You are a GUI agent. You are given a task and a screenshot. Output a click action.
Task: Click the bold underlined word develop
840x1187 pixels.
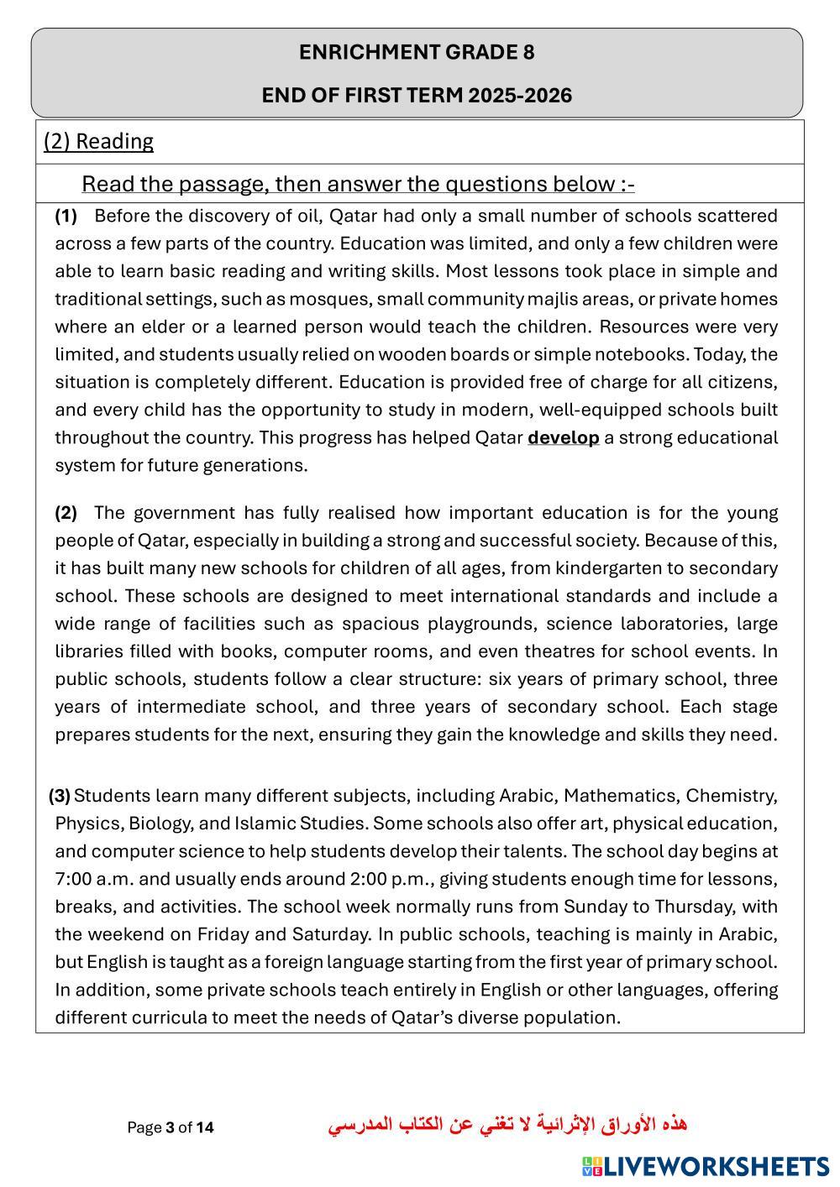563,437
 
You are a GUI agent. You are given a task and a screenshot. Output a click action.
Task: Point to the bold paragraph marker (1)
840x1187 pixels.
66,216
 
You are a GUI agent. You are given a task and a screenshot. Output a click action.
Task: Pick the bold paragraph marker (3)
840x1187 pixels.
59,795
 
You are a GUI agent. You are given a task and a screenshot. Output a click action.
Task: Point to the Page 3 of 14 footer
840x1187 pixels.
171,1127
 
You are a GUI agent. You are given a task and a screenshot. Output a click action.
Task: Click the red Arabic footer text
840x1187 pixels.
507,1124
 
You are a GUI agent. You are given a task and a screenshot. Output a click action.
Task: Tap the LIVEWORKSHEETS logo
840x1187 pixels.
705,1166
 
